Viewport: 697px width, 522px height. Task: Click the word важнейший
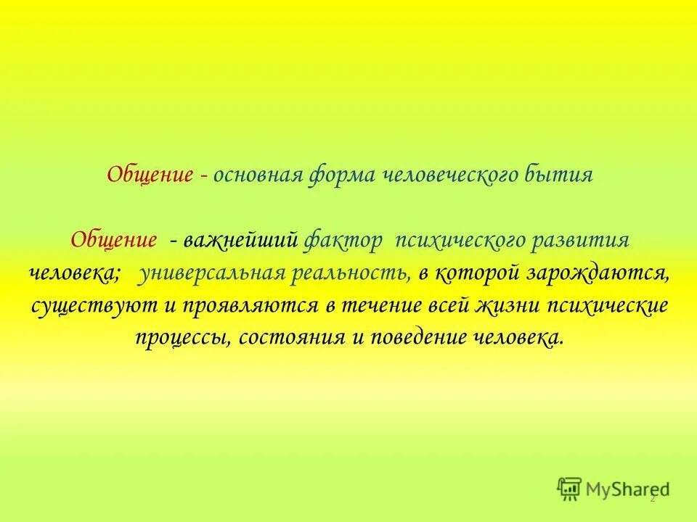coord(240,241)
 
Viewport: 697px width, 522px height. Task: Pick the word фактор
coord(343,241)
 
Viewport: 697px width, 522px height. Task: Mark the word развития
coord(587,241)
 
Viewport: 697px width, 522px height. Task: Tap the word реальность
coord(351,273)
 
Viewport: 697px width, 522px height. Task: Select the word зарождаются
coord(606,273)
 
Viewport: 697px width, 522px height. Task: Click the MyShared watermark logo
coord(614,488)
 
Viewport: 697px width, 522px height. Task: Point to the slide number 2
coord(652,500)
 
